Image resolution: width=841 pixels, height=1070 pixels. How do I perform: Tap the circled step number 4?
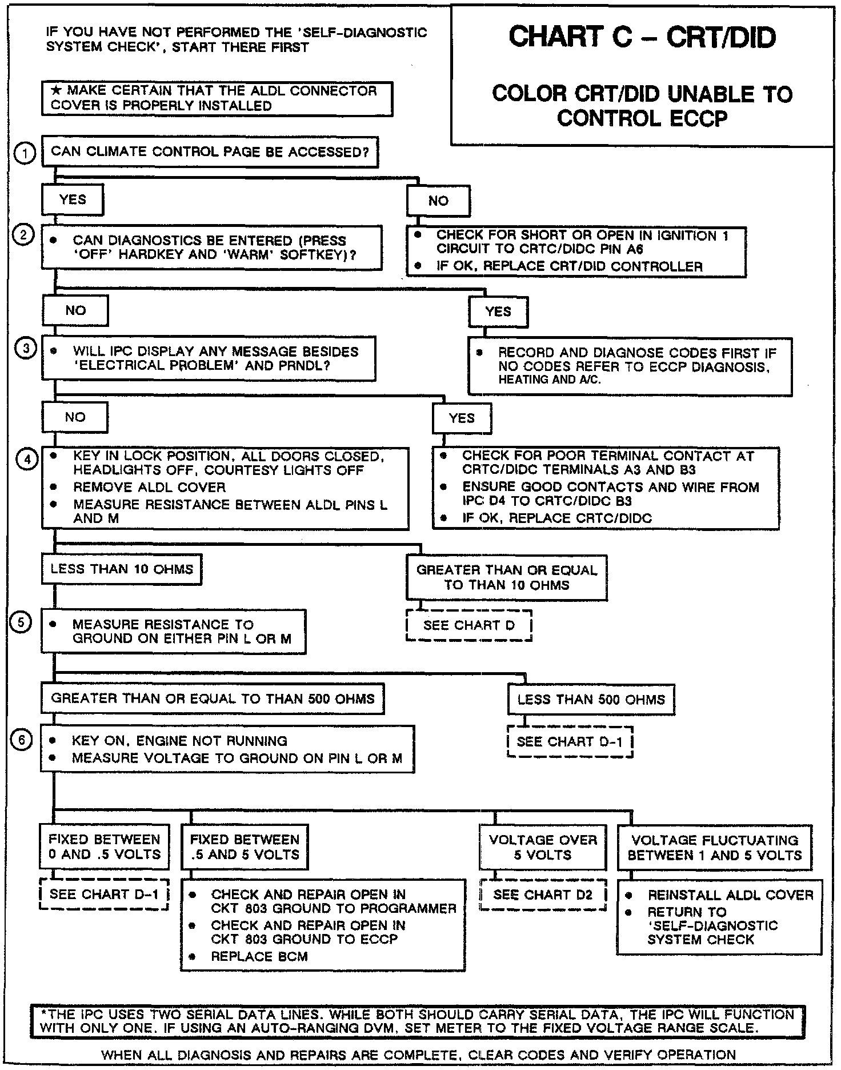coord(27,459)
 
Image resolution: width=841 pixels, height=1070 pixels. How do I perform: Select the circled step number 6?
coord(21,740)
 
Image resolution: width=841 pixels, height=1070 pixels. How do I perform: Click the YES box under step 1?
coord(73,200)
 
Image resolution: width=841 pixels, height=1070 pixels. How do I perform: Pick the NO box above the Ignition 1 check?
coord(438,201)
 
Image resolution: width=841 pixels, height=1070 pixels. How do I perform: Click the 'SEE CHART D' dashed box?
coord(468,625)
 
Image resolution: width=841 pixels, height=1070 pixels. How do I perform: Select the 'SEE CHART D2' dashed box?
coord(543,895)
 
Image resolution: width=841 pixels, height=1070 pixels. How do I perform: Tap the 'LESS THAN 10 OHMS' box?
coord(122,569)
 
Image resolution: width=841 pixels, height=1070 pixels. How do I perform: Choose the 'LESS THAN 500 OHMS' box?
coord(591,700)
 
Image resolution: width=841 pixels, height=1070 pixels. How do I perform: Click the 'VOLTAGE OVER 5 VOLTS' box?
coord(543,847)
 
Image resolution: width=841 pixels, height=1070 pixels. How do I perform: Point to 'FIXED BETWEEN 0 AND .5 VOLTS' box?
coord(105,847)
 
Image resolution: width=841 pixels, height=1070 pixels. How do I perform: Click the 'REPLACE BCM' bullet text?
coord(259,956)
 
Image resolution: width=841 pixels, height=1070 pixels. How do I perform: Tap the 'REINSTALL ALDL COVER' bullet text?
coord(730,895)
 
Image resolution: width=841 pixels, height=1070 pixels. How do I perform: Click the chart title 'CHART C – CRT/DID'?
coord(642,38)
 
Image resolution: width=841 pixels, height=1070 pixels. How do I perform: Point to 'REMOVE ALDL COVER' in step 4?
coord(149,488)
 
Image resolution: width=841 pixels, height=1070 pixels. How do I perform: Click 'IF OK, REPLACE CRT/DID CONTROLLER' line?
coord(569,266)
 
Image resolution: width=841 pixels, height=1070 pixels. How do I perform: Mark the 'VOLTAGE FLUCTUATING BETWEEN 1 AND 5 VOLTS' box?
coord(714,848)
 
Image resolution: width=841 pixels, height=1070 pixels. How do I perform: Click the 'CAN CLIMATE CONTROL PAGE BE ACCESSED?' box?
coord(210,152)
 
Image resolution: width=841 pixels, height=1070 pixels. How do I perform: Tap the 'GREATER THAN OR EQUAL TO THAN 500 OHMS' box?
coord(213,698)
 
